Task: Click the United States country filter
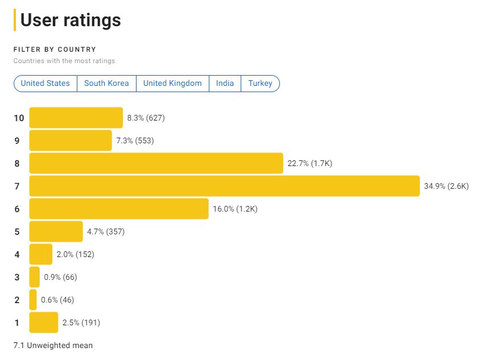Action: coord(45,84)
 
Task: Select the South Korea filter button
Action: coord(106,84)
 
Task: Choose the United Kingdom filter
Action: coord(172,84)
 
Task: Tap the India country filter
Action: coord(225,84)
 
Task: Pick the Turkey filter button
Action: coord(260,84)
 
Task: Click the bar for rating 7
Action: coord(224,186)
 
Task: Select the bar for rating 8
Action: coord(156,163)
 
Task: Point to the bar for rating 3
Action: coord(35,277)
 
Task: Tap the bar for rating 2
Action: coord(33,300)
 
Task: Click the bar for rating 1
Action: coord(44,322)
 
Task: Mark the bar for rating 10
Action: coord(76,118)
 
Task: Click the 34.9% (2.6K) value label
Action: coord(446,186)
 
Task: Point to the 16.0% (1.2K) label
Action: coord(235,209)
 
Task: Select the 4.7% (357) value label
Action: coord(105,231)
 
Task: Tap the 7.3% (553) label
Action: coord(135,140)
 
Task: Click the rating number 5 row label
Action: coord(17,231)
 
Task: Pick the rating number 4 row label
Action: coord(17,254)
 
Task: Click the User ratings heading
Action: coord(71,20)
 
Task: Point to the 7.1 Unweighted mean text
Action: coord(53,345)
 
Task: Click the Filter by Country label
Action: coord(55,49)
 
